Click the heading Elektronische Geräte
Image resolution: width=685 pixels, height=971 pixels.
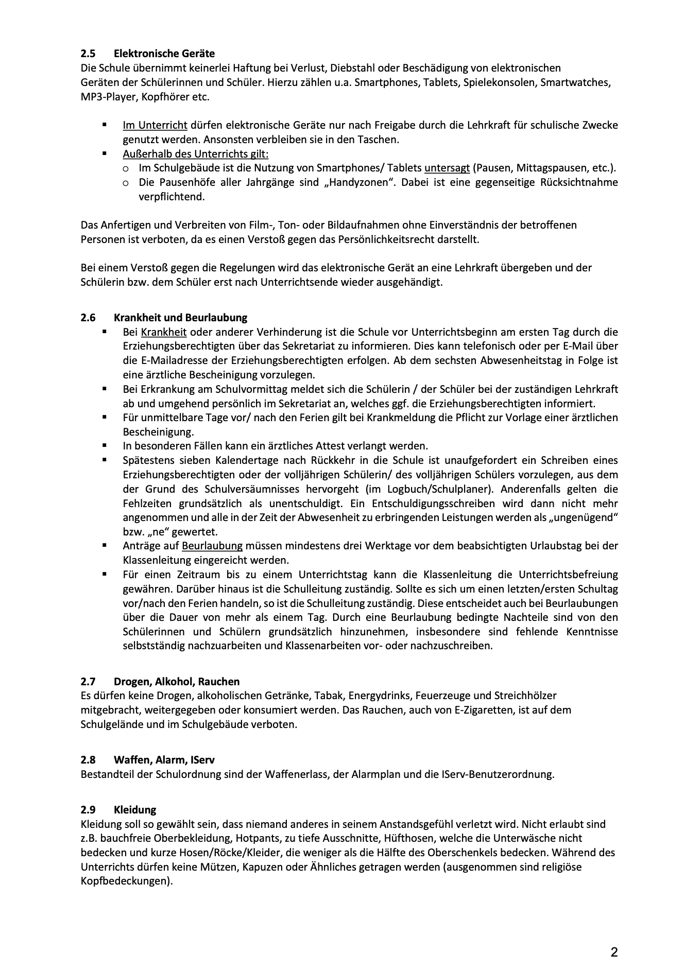[164, 54]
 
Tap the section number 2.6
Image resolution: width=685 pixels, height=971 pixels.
[88, 318]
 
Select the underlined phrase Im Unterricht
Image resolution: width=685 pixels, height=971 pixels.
[155, 125]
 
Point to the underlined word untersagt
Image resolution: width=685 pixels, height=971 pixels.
[447, 168]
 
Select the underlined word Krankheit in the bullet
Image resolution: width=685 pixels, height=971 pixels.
[164, 332]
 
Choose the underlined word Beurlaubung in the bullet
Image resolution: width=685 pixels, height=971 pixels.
[212, 546]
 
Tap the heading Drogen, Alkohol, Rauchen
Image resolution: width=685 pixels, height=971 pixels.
[177, 682]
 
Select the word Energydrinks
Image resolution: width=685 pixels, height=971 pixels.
[381, 696]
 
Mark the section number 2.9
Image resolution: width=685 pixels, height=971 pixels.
[88, 810]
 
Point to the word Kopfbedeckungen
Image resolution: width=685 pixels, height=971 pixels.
[125, 881]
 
